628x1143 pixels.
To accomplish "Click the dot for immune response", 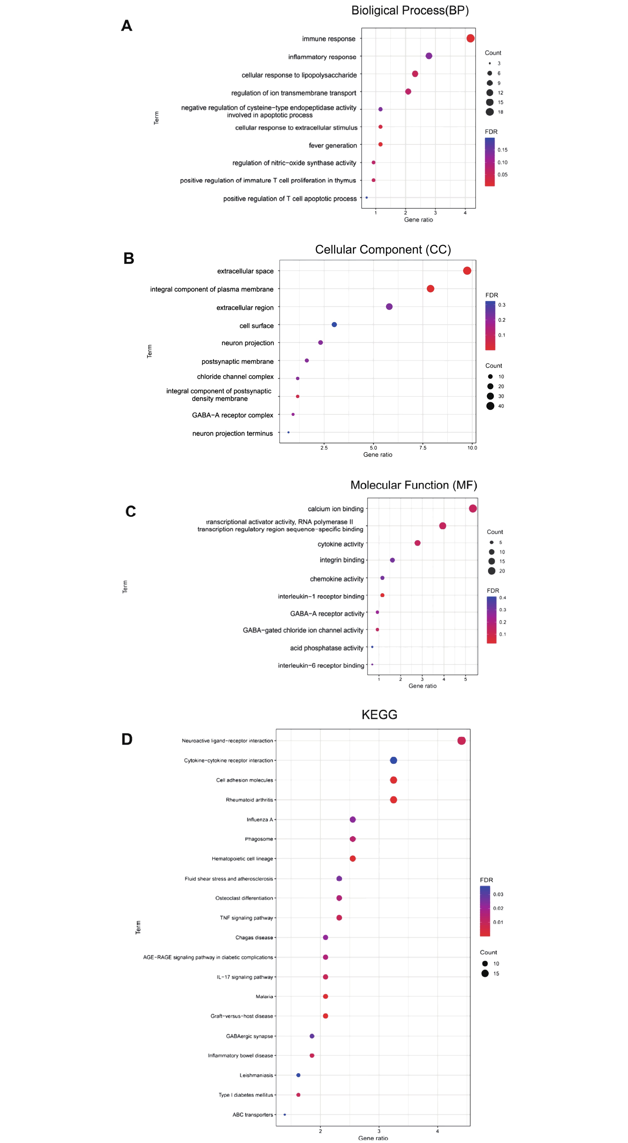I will tap(470, 39).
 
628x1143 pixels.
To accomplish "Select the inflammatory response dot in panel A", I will tap(428, 56).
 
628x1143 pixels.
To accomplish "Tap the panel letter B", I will tap(129, 258).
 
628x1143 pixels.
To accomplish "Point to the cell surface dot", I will tap(334, 325).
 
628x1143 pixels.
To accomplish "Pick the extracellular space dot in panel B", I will tap(467, 271).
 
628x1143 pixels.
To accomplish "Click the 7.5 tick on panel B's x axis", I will tap(423, 448).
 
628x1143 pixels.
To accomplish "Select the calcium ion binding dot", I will tap(472, 508).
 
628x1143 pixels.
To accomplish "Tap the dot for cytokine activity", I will tap(417, 543).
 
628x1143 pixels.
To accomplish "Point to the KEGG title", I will tap(379, 715).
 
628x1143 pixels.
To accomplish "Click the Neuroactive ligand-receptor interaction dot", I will tap(461, 740).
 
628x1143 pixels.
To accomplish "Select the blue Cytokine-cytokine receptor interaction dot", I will tap(393, 761).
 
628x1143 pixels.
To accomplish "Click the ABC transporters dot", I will tap(284, 1115).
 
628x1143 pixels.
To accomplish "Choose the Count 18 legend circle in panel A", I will tap(490, 112).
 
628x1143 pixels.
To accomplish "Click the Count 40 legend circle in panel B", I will tap(490, 406).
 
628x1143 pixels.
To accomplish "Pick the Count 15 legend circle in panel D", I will tap(485, 973).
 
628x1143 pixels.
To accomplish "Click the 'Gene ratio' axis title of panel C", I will tap(422, 686).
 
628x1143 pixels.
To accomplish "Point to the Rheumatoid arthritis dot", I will tap(393, 800).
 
